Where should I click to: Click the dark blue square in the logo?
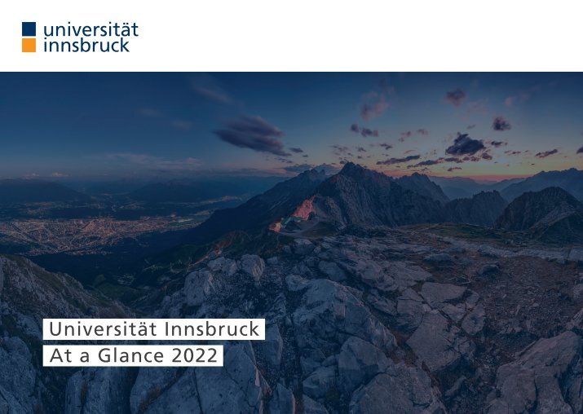click(29, 29)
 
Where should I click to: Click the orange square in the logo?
click(29, 45)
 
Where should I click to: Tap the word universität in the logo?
click(91, 29)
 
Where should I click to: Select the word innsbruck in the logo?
click(86, 45)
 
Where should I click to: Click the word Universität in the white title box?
click(103, 329)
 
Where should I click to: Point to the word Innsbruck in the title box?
click(211, 329)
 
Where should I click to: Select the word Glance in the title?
click(131, 355)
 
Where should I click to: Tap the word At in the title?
click(60, 355)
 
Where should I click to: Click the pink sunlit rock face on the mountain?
click(304, 209)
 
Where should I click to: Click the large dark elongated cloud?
click(252, 135)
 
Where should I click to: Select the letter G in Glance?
click(105, 355)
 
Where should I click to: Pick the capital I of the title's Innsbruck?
click(166, 329)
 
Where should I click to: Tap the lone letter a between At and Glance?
click(85, 358)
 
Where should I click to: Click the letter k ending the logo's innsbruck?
click(125, 45)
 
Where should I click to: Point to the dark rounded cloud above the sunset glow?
click(465, 144)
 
